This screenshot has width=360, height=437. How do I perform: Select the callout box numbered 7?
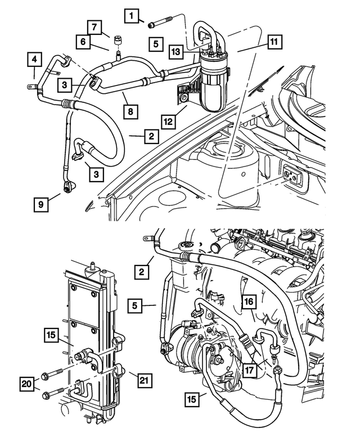(x=94, y=26)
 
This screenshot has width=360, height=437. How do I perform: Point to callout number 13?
(x=176, y=51)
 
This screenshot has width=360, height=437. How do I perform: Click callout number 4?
(x=35, y=59)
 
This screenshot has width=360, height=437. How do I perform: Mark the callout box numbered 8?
(x=130, y=111)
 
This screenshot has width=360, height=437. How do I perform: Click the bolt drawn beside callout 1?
(x=160, y=24)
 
